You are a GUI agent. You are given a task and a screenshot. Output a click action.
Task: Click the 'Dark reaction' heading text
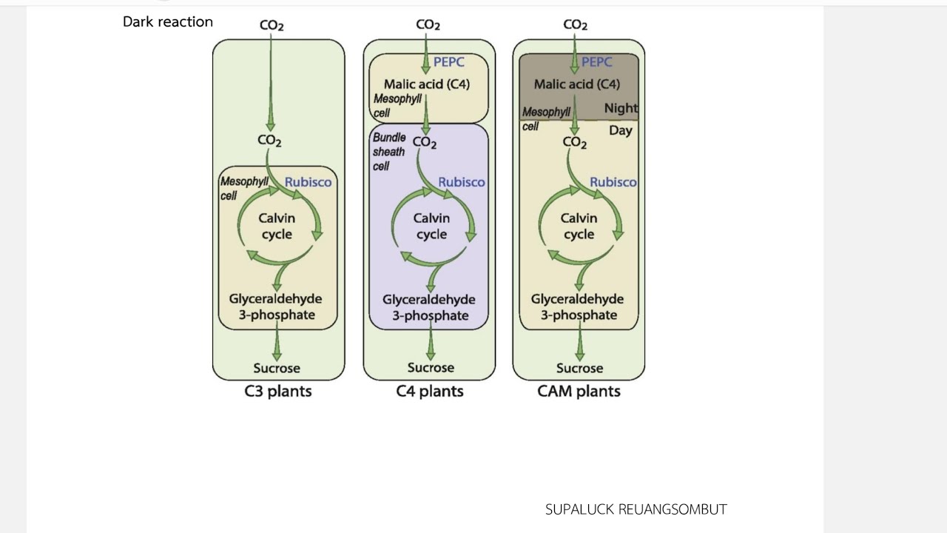[x=168, y=21]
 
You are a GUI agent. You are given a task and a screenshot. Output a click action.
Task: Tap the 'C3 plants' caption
[x=277, y=392]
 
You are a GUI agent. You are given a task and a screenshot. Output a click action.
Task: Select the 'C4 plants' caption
[x=430, y=392]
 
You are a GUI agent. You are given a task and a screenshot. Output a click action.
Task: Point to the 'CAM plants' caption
[x=579, y=392]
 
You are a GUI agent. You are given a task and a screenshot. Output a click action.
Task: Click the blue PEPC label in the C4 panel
[x=448, y=61]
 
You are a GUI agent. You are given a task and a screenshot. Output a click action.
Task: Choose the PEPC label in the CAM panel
[x=596, y=61]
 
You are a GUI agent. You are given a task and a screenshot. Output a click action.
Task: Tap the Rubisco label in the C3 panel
[x=309, y=182]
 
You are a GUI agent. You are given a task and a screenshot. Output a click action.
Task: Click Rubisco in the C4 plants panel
[x=462, y=182]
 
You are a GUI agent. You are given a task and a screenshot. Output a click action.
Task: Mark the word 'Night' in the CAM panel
[x=621, y=108]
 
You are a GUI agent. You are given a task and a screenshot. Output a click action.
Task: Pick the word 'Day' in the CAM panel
[x=621, y=130]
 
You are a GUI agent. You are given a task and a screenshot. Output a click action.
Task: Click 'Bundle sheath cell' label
[x=389, y=152]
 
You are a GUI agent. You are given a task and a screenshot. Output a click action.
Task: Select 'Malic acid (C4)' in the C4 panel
[x=427, y=84]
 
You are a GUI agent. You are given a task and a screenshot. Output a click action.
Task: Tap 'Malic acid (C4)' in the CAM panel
[x=576, y=84]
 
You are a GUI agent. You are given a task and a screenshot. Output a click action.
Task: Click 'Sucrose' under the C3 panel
[x=277, y=368]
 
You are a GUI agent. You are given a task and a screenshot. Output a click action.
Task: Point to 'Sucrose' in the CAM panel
[x=579, y=368]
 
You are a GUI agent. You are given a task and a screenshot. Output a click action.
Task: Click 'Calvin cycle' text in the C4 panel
[x=431, y=227]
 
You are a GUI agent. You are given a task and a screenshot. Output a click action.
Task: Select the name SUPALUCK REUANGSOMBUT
[x=636, y=509]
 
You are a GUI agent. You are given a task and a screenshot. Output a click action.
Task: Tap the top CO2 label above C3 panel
[x=272, y=25]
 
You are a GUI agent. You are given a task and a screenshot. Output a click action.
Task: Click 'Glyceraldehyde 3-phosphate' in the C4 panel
[x=429, y=307]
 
